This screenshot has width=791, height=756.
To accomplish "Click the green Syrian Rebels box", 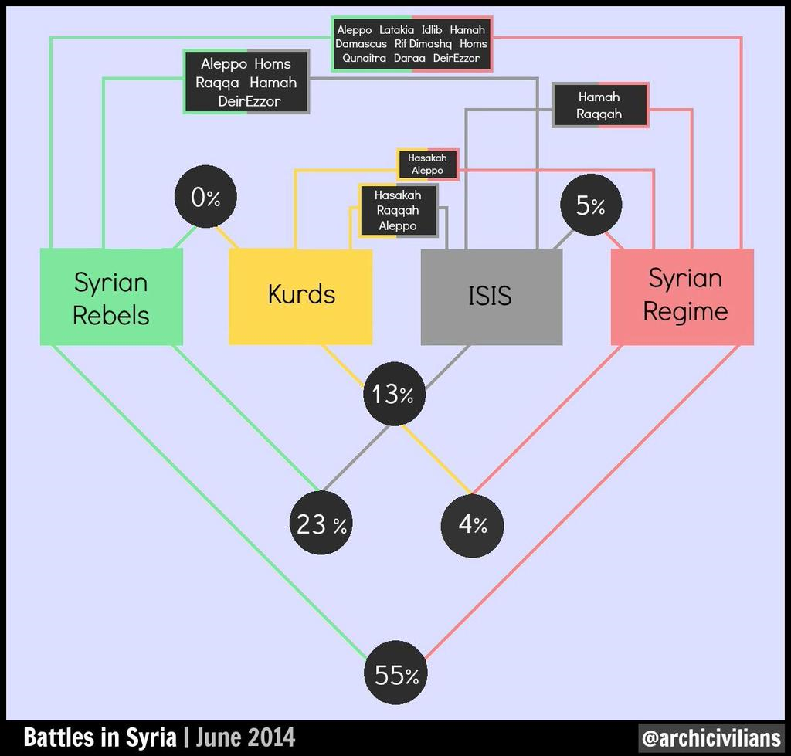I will pos(111,297).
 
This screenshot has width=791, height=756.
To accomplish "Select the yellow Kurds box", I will pos(300,297).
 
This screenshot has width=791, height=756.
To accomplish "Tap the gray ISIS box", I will pos(491,297).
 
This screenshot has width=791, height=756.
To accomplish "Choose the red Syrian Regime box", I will pos(682,297).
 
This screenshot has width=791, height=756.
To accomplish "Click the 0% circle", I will pos(205,197).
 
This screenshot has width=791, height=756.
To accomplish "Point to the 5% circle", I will pos(591,205).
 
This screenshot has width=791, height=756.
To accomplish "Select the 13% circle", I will pos(394,395).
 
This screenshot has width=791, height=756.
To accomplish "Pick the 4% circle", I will pos(472,525).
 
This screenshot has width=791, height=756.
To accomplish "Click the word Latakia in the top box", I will pos(397,30).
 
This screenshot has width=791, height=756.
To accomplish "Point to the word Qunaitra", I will pos(363,58).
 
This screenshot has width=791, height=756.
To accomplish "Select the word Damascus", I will pos(361,44).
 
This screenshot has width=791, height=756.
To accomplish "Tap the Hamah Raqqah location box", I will pos(599,105).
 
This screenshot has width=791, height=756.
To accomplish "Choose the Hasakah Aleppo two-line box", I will pos(428,164).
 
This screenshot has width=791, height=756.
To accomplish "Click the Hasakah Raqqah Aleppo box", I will pos(398,210).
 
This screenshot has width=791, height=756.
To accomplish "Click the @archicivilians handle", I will pos(711,737).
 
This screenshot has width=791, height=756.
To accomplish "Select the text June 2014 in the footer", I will pos(245,737).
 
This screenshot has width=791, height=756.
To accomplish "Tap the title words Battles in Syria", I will pos(100,737).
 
